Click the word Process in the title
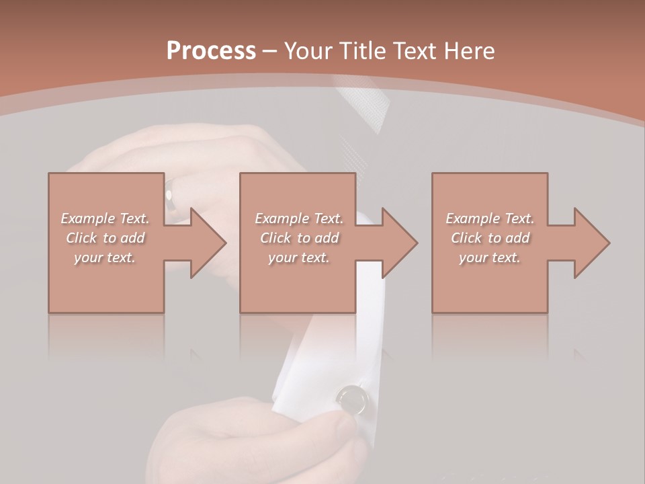point(211,50)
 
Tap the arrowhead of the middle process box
point(398,243)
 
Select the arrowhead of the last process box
point(591,243)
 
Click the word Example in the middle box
point(282,218)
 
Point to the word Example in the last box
point(473,218)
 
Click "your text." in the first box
point(105,257)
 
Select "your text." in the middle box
point(298,257)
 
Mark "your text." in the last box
point(490,257)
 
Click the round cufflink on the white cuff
point(353,399)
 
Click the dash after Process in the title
point(269,51)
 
